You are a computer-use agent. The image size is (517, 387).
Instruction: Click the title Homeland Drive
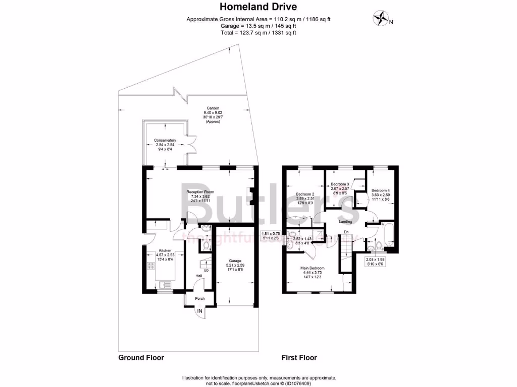coord(258,7)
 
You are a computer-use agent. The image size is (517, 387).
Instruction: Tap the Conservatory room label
coord(165,140)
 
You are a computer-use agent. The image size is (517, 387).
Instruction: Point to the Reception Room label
coord(201,192)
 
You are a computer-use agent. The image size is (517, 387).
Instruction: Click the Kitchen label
coord(166,250)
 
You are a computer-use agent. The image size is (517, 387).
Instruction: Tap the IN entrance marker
coord(200,312)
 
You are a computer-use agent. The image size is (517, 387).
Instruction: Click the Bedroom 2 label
coord(305,194)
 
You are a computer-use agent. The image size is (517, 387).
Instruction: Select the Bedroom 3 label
coord(340,185)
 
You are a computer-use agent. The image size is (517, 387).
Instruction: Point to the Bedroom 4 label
coord(381,190)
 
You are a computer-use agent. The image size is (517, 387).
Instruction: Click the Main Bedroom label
coord(313,268)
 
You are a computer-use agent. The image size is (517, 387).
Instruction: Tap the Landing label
coord(345,221)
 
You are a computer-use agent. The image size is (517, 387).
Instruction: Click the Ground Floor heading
coord(141,358)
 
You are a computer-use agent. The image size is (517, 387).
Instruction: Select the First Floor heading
coord(299,358)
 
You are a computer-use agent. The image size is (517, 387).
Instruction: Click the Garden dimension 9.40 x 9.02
coord(212,112)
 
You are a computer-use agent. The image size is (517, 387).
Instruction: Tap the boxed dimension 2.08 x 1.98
coord(374,260)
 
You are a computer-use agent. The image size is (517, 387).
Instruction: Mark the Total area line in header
coord(258,32)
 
